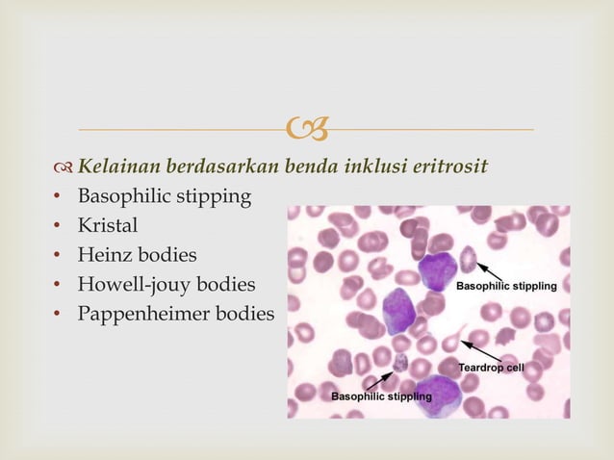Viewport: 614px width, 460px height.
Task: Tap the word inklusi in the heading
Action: pyautogui.click(x=373, y=167)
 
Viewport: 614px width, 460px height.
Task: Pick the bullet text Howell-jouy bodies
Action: pyautogui.click(x=166, y=285)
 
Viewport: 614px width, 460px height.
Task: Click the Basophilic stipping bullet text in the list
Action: pyautogui.click(x=164, y=196)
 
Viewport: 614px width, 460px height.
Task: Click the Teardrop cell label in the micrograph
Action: pyautogui.click(x=491, y=368)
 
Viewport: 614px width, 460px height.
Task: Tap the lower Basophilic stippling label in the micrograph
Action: pyautogui.click(x=381, y=396)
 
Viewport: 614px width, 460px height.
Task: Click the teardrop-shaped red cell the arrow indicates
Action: pyautogui.click(x=454, y=344)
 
